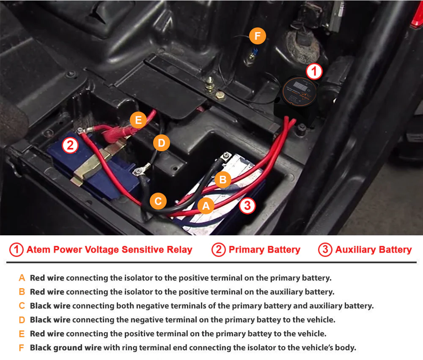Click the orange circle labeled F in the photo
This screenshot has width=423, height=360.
tap(257, 36)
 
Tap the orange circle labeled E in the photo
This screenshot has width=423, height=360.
tap(138, 120)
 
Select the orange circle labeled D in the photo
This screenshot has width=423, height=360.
tap(161, 143)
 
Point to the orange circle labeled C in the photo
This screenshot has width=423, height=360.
tap(158, 201)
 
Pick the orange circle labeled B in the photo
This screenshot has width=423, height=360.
tap(223, 180)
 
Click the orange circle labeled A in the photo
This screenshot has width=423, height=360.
tap(206, 206)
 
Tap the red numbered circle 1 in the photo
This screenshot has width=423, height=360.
tap(314, 72)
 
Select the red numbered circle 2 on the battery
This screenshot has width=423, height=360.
tap(70, 145)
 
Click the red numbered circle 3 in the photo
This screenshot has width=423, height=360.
tap(247, 206)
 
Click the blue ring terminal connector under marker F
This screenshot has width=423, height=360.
tap(254, 51)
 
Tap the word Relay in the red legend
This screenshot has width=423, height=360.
tap(179, 250)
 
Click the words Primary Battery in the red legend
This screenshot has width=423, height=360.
tap(264, 250)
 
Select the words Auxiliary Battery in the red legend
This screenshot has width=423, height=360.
tap(374, 250)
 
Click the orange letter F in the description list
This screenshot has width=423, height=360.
tap(21, 348)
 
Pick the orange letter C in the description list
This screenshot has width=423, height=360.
tap(22, 305)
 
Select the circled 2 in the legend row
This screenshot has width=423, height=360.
tap(219, 250)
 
